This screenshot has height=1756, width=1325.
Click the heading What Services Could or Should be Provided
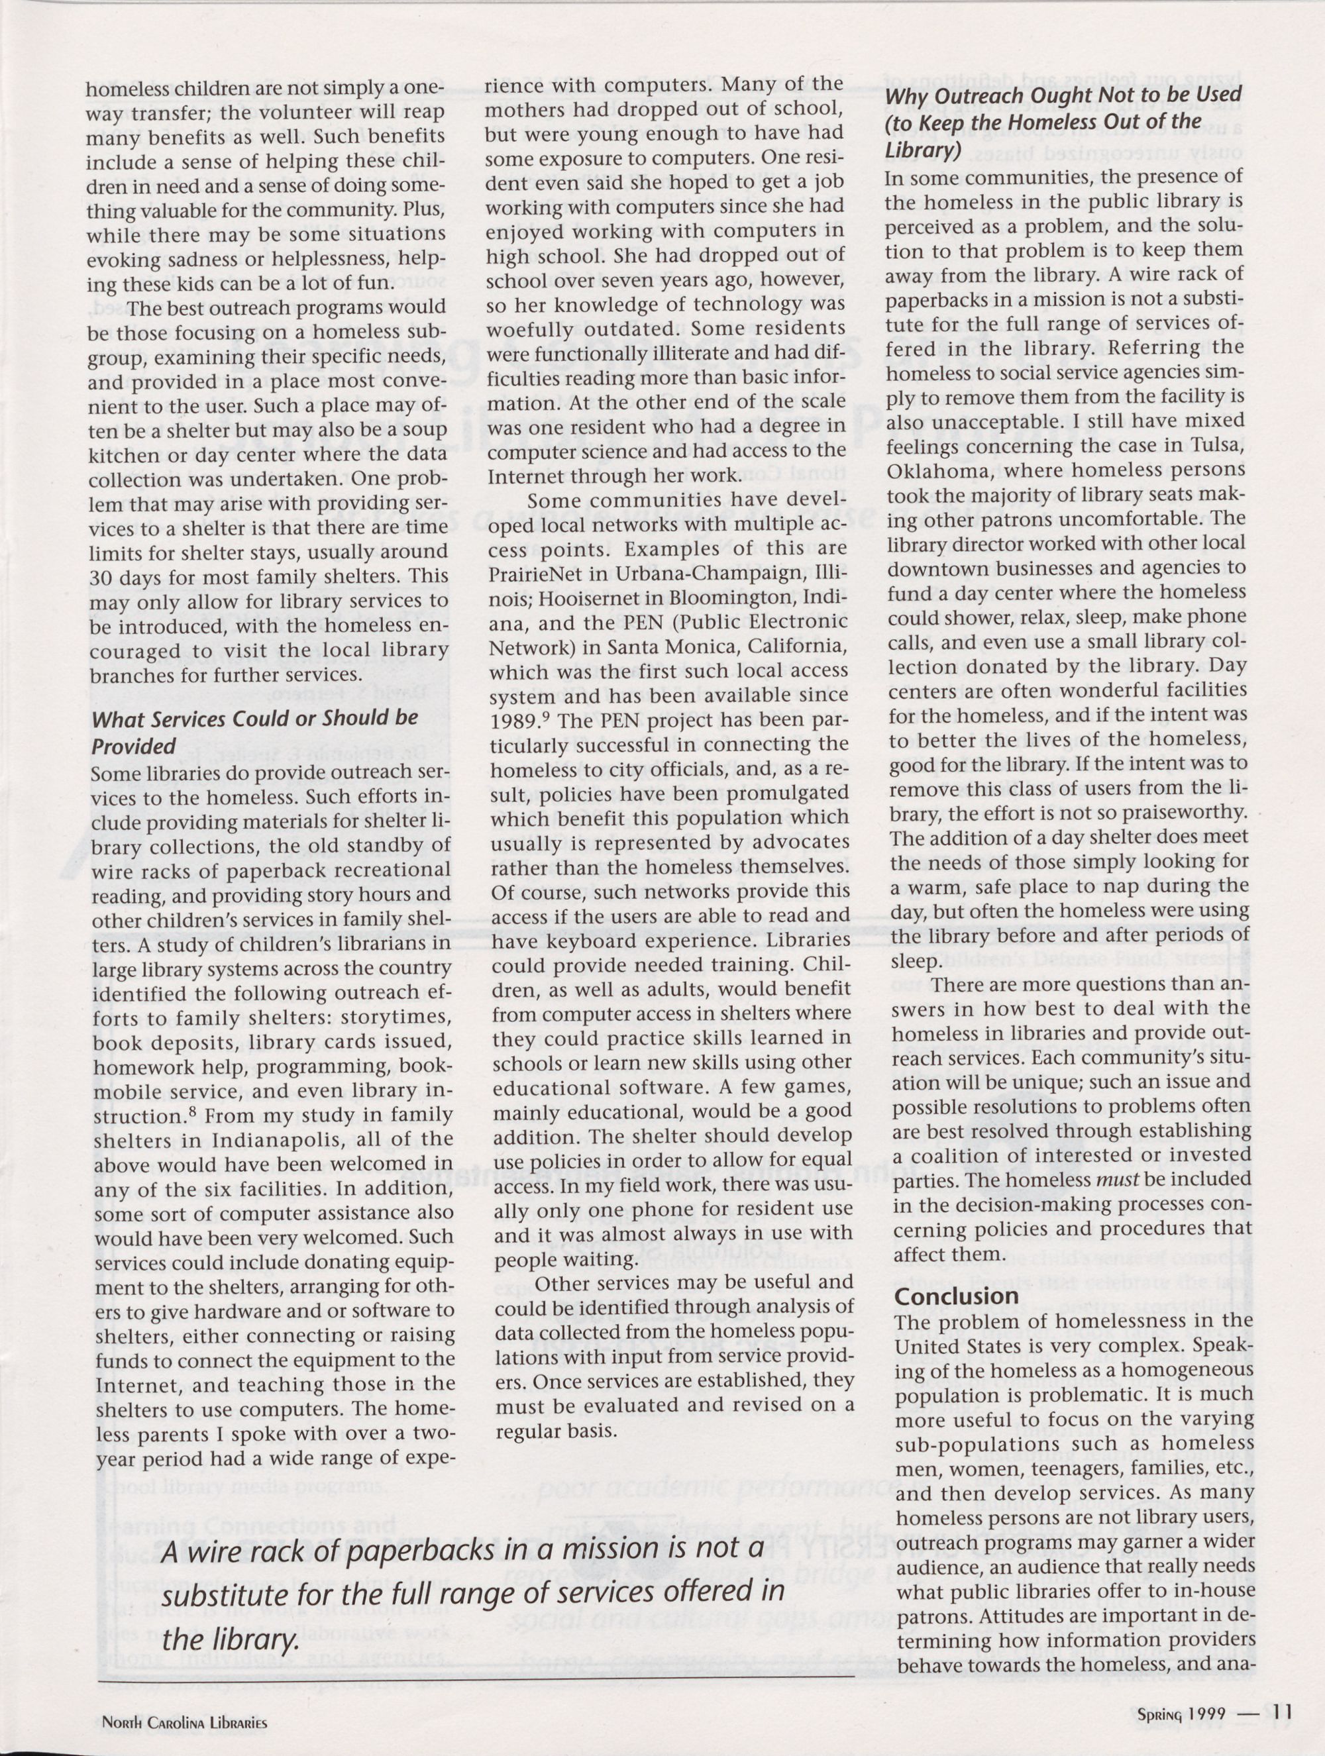tap(254, 732)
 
